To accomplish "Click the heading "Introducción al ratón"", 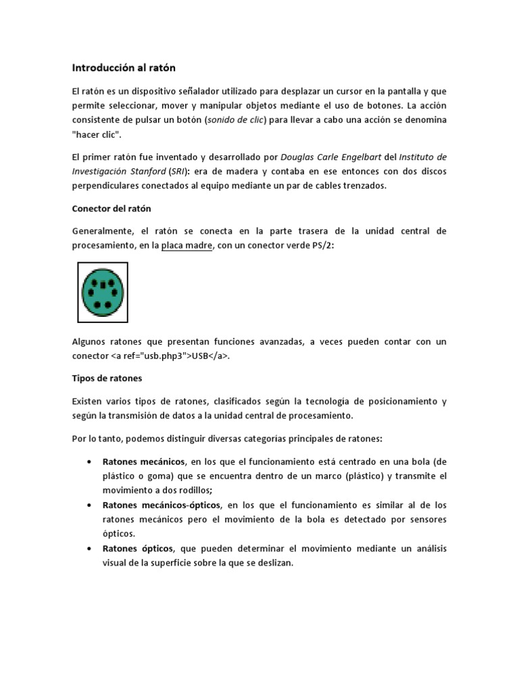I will (x=124, y=68).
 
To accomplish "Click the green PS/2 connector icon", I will (x=103, y=292).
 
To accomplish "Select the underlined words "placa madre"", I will (x=187, y=246).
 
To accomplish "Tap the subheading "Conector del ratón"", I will (x=116, y=208).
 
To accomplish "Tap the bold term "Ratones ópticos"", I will (x=138, y=548).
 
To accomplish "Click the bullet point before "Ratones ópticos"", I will (x=90, y=548).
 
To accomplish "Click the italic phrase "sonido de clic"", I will (x=237, y=120).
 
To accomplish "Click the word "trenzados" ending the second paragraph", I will (x=364, y=186).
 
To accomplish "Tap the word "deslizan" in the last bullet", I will (x=274, y=563).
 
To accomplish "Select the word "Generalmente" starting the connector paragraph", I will (x=103, y=231).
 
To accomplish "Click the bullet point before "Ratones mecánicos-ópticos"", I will (x=90, y=505).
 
